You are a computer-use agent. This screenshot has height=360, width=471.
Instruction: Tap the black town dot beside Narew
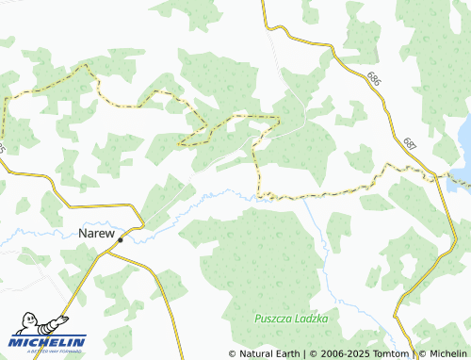click(121, 240)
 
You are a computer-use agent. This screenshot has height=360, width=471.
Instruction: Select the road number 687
click(408, 143)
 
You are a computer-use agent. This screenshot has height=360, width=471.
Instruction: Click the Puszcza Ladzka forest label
click(291, 319)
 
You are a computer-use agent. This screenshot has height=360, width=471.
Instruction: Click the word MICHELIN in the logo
click(48, 342)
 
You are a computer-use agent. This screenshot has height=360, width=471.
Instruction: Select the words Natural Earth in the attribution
click(268, 353)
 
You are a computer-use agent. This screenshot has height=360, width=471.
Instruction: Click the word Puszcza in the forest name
click(272, 319)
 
